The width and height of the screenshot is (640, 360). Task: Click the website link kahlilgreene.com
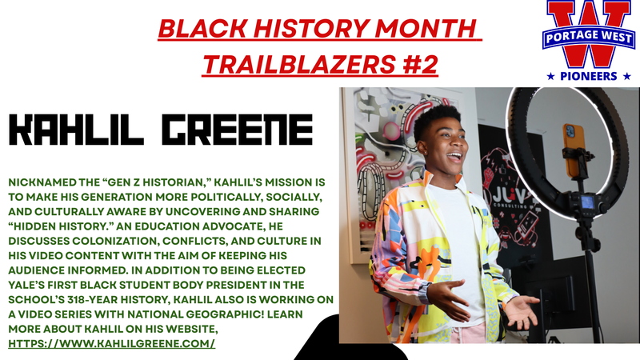(112, 343)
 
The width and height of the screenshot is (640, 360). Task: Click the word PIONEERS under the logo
(587, 76)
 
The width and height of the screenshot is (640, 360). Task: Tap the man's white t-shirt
(463, 240)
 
